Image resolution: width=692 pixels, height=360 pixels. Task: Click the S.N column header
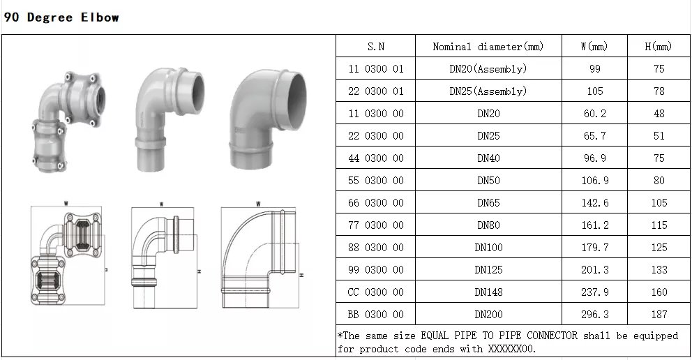tap(375, 46)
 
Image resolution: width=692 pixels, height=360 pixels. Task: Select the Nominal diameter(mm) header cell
tap(488, 46)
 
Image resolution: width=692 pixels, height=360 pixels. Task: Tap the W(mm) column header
tap(594, 46)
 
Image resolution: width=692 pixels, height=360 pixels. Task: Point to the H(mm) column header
tap(659, 46)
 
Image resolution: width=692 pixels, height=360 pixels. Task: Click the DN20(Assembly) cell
tap(488, 69)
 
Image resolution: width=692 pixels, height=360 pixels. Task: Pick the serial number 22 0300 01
tap(375, 91)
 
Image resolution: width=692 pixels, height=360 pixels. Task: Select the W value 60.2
tap(594, 114)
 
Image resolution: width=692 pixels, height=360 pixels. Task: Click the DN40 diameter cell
tap(488, 158)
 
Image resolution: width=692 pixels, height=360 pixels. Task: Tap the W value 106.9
tap(594, 181)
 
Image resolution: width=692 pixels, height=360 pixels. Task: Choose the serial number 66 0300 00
tap(375, 203)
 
